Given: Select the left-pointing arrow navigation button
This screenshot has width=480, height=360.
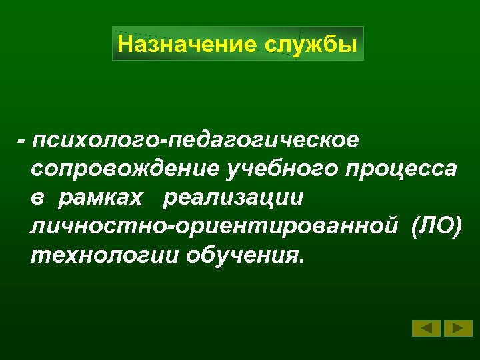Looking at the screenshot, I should coord(426,328).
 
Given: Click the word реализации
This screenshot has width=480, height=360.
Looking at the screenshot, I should coord(233,198).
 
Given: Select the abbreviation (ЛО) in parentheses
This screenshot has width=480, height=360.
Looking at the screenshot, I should coord(436,227).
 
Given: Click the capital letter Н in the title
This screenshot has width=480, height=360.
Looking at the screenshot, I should coord(125,45).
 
